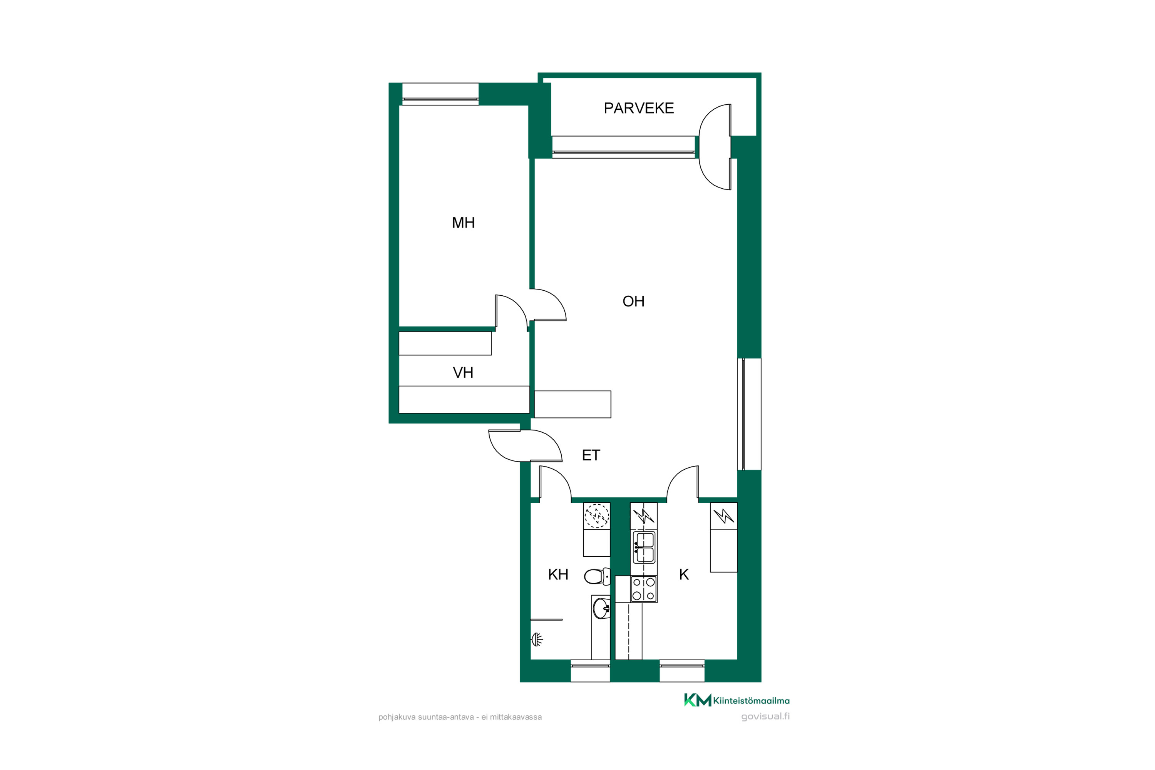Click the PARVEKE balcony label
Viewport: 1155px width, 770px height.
pos(638,108)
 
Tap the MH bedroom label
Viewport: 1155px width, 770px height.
pos(463,223)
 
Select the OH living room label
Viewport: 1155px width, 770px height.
pos(633,301)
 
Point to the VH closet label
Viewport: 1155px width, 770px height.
pos(463,373)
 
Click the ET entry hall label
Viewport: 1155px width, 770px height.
pos(591,455)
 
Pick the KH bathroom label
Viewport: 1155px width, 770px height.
pos(558,574)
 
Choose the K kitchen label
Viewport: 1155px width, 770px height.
pos(684,574)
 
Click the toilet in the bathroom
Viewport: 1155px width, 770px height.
pos(597,576)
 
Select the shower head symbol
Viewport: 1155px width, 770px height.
pos(537,639)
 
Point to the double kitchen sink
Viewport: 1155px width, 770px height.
pos(644,547)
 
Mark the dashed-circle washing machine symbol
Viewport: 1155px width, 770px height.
pos(597,516)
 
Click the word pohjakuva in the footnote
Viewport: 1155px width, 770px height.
pos(397,718)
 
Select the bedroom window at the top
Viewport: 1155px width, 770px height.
pos(440,94)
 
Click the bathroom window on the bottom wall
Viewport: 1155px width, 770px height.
pos(590,671)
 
